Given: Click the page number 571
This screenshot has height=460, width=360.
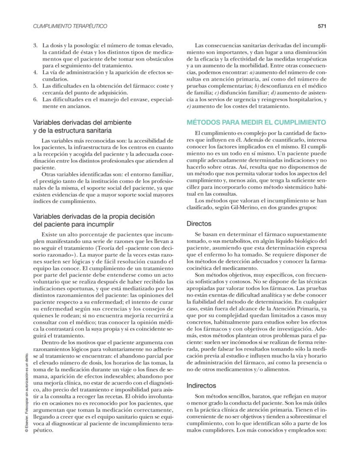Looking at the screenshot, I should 322,26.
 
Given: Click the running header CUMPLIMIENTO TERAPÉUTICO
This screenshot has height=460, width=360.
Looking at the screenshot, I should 70,26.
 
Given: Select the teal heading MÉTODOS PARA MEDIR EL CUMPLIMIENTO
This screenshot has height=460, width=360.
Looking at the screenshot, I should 256,122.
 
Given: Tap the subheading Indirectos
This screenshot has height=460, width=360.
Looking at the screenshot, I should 201,385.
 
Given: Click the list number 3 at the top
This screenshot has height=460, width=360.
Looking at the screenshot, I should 35,46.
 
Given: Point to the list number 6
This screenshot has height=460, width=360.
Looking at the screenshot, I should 35,99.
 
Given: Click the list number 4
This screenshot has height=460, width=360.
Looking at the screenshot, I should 35,73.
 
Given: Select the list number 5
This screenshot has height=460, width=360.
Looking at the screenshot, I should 35,86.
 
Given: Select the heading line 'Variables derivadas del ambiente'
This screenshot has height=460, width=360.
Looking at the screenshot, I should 82,123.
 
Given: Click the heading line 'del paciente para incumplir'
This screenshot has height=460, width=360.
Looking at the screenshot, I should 74,224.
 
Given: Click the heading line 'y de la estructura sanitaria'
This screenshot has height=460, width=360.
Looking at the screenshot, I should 73,130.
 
